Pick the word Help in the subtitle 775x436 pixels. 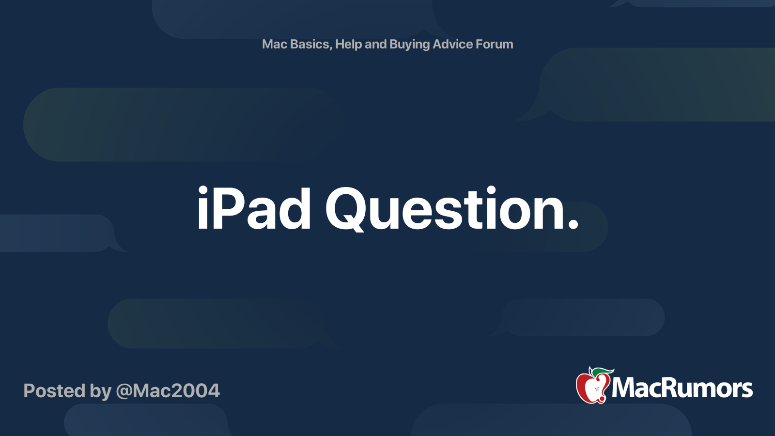click(x=348, y=44)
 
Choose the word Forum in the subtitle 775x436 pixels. click(x=494, y=44)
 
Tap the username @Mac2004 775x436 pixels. click(x=168, y=391)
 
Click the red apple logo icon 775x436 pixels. click(x=591, y=388)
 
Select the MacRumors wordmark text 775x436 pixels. click(x=682, y=388)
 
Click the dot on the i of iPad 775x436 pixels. click(x=202, y=191)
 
